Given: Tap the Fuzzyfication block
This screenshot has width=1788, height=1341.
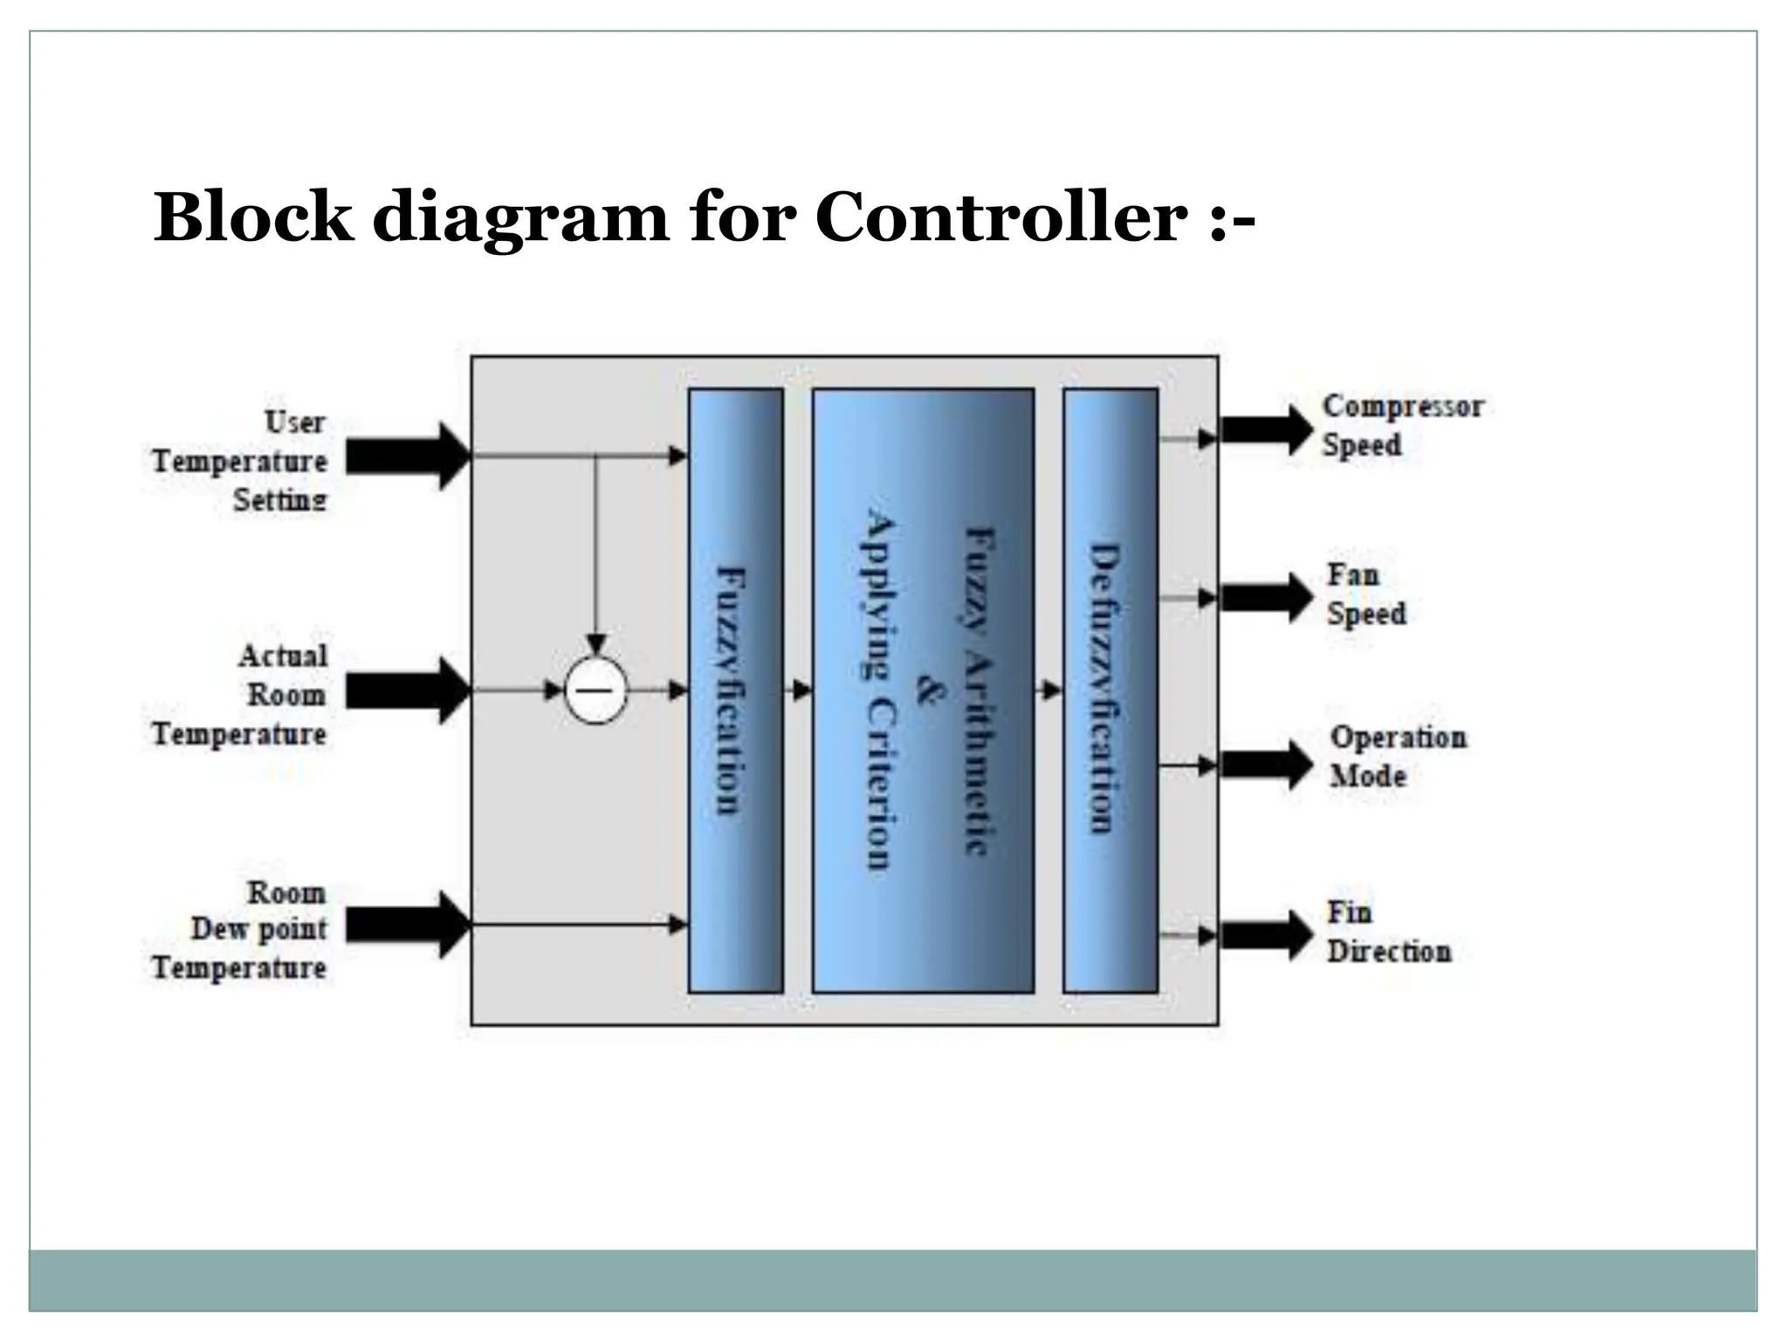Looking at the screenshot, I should (735, 690).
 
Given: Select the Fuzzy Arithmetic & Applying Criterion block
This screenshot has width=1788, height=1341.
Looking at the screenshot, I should (923, 690).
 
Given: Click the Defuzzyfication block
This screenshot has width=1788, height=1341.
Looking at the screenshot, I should (1110, 690).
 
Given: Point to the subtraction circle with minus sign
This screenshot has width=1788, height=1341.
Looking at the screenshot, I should (596, 691).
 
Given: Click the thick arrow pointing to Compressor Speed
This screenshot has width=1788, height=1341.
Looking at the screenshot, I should (1266, 430).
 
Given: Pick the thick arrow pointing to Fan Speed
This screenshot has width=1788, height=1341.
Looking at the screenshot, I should (1266, 598).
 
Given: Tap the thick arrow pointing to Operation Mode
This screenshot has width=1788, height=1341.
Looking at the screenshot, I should (1266, 766).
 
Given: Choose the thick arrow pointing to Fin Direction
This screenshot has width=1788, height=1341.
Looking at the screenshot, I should (1266, 935).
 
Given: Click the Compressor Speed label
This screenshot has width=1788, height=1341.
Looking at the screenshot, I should (1401, 425).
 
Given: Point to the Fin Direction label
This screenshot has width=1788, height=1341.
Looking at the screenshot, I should (1388, 932).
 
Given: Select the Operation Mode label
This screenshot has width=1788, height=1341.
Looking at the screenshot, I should (1397, 756).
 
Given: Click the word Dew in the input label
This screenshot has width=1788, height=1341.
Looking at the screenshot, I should (214, 929).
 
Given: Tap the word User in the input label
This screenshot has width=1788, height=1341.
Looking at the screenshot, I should (295, 423).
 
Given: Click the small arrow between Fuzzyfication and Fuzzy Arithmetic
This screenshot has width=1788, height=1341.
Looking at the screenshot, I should (800, 691).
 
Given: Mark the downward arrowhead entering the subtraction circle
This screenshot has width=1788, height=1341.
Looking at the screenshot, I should (596, 644).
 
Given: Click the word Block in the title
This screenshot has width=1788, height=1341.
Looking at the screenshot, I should (253, 217).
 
